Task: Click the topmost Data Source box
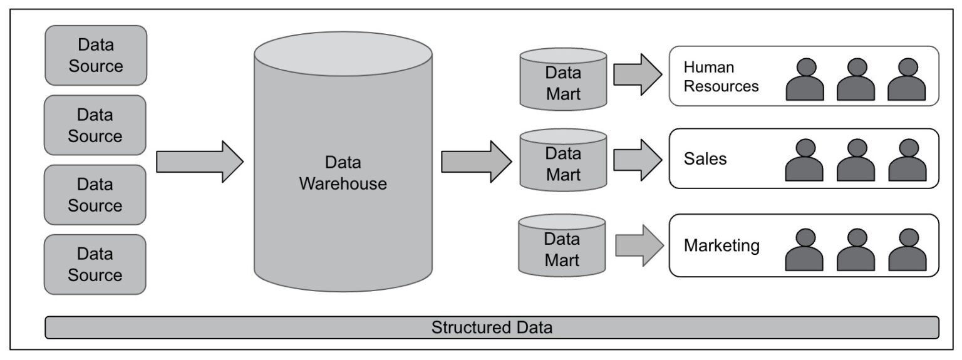96,55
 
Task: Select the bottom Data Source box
95,264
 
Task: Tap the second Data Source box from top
95,125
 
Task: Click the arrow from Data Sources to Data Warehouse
200,162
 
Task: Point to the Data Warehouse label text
343,173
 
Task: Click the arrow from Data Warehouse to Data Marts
476,162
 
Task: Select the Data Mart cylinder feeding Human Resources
563,79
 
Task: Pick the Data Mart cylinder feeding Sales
563,160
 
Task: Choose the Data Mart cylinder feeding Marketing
562,245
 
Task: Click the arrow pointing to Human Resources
638,75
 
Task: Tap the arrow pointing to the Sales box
638,160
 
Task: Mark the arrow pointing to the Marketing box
639,245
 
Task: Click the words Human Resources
721,76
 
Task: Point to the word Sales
705,159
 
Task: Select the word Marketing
721,245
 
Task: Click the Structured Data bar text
492,327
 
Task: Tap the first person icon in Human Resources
805,80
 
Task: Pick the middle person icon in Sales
856,160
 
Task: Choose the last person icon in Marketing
907,250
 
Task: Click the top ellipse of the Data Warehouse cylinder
343,54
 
